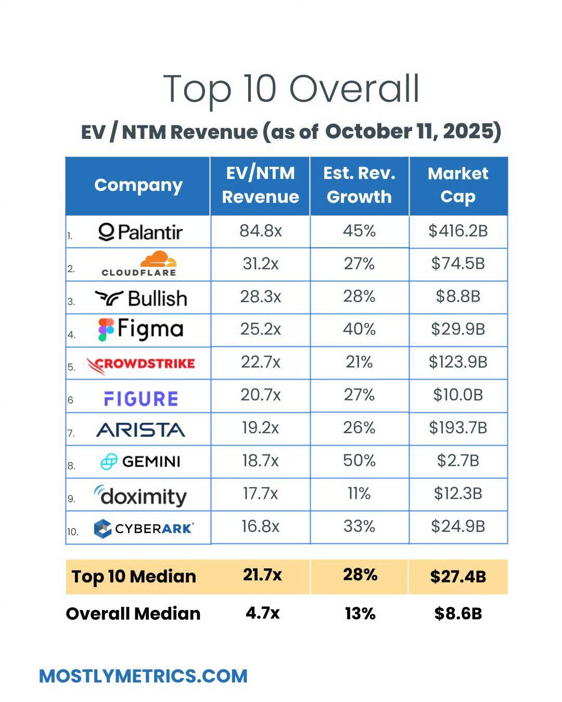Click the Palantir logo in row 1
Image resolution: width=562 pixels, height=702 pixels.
[x=140, y=232]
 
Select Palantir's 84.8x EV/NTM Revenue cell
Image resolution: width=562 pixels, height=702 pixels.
[x=260, y=231]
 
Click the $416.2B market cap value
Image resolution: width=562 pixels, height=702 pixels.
[x=458, y=231]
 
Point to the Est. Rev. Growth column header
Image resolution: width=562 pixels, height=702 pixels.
[x=359, y=185]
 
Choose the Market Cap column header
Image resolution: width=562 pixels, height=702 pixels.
[x=458, y=185]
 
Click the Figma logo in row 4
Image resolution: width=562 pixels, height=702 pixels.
[x=141, y=330]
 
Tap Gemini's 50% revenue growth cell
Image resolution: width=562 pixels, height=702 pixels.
[x=359, y=461]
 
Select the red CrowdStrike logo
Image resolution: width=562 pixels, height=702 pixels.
[x=140, y=364]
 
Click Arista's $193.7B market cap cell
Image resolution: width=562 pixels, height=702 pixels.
[x=458, y=428]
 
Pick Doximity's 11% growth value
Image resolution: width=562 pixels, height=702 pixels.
[x=359, y=493]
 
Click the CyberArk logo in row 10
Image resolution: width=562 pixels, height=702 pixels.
[x=144, y=528]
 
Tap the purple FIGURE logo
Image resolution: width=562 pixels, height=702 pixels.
[x=141, y=399]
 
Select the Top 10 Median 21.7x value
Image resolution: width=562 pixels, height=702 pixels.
[x=262, y=575]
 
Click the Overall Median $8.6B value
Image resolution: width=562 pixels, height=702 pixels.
[x=458, y=614]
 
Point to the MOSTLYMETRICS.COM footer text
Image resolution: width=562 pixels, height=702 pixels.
[x=143, y=676]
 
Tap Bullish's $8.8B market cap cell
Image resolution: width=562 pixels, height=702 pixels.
[x=458, y=297]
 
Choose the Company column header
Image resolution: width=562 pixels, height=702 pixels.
[x=138, y=185]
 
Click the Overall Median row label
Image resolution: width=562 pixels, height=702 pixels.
[x=133, y=614]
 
